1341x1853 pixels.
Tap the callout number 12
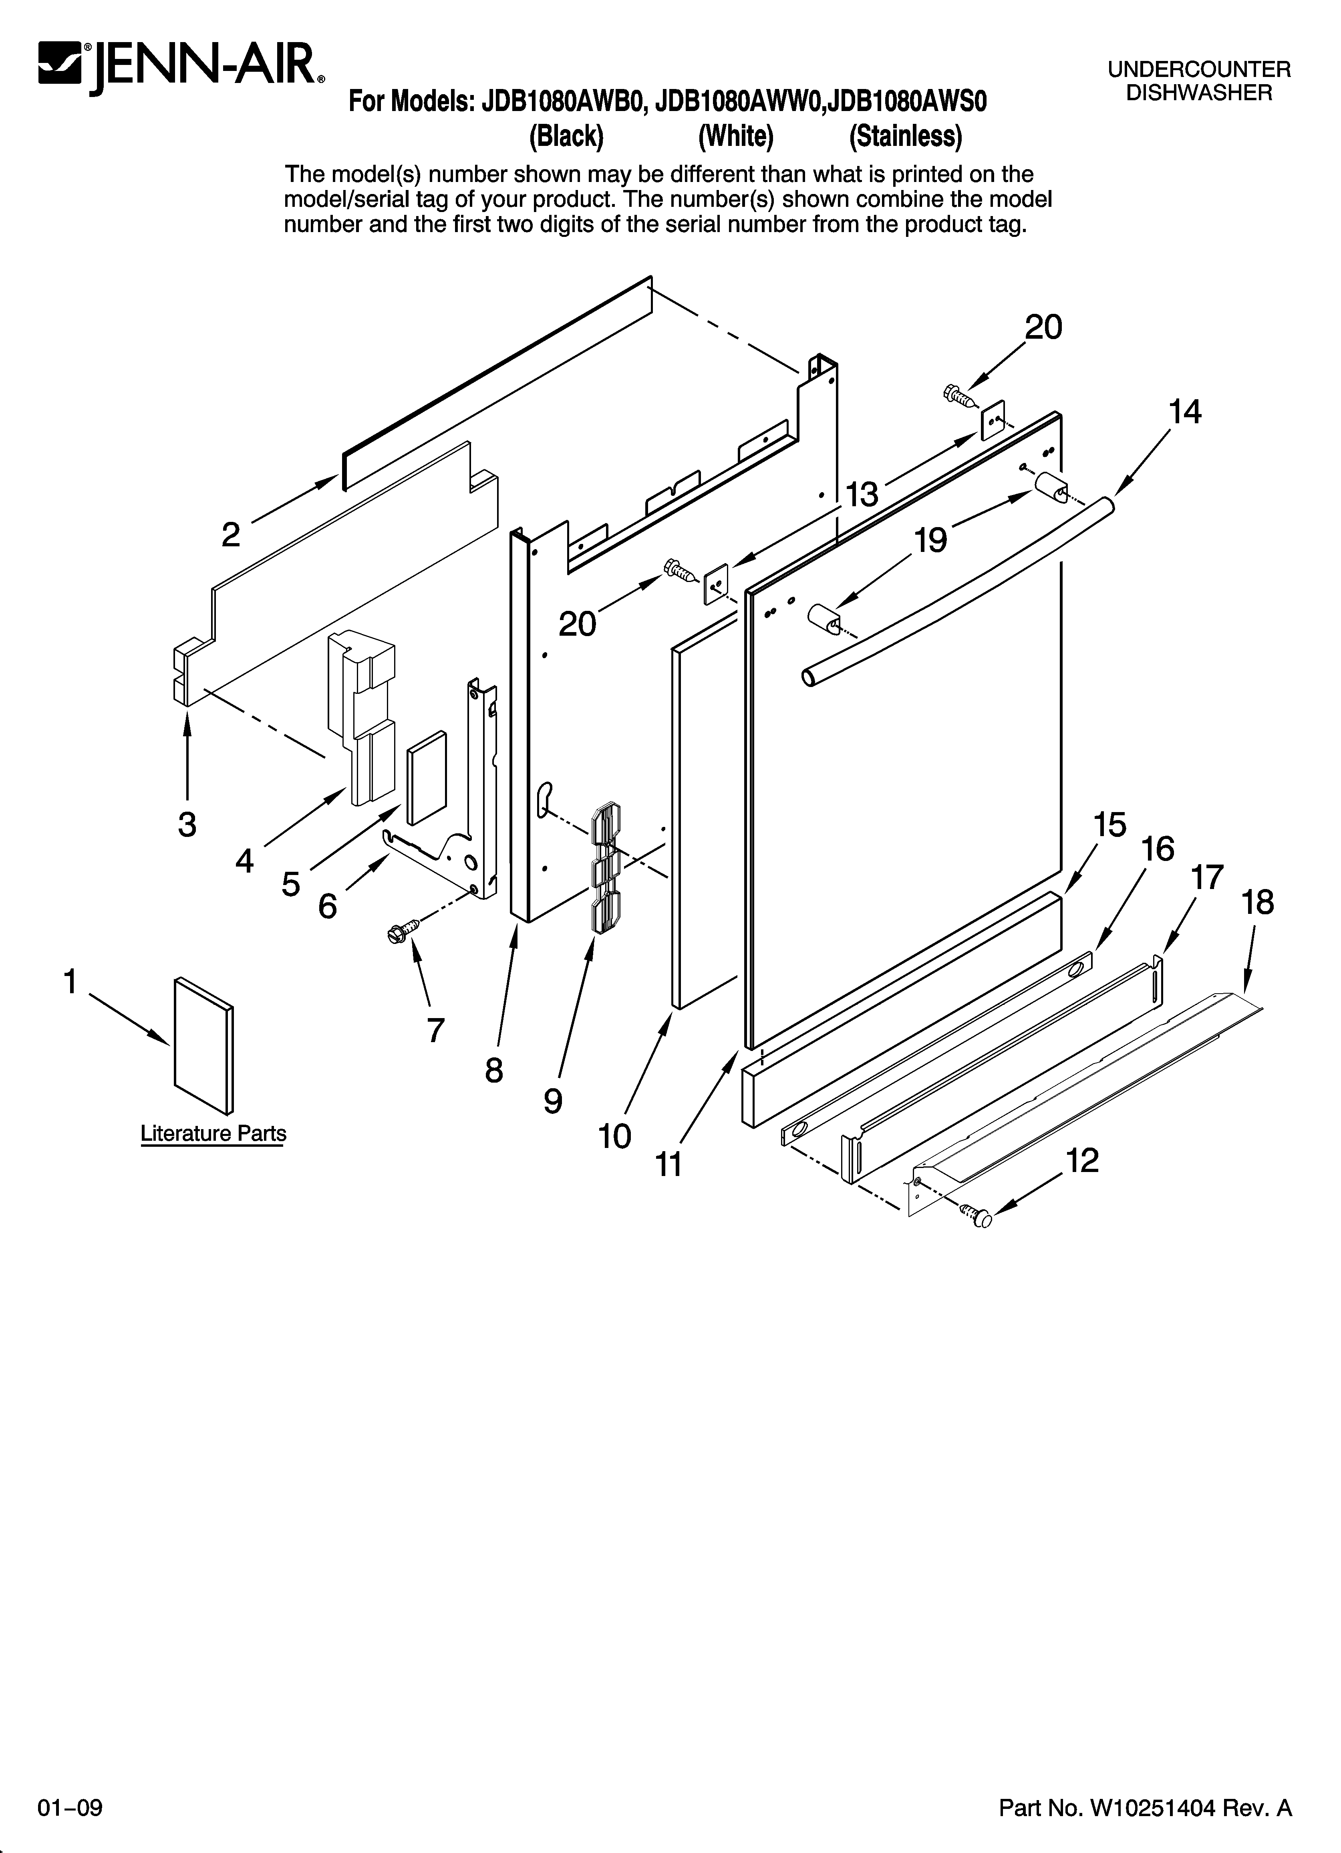click(x=1082, y=1160)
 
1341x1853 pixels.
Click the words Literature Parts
click(x=213, y=1133)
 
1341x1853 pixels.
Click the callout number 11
click(x=669, y=1164)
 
